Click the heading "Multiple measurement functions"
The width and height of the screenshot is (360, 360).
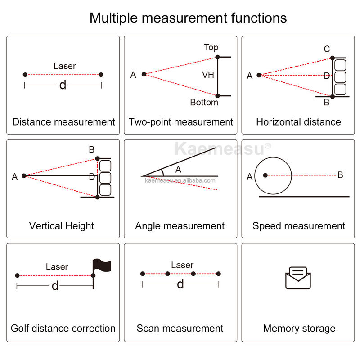coord(188,18)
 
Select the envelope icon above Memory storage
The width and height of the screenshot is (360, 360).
coord(298,278)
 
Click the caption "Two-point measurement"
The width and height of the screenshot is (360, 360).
coord(181,122)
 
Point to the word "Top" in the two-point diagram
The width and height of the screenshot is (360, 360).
coord(211,47)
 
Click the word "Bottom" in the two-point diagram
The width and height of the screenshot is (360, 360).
coord(204,103)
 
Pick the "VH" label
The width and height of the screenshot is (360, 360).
coord(208,75)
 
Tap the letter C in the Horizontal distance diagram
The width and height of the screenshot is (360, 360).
coord(327,49)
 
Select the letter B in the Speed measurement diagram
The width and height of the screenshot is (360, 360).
coord(340,175)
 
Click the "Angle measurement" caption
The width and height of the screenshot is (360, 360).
coord(180,226)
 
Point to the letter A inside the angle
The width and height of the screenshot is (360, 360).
coord(178,170)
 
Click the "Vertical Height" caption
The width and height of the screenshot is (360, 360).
coord(62,226)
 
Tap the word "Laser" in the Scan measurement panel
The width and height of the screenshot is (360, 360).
coord(182,265)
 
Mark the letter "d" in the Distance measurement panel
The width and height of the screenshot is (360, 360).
coord(63,85)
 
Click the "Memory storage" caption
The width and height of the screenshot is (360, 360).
coord(299,328)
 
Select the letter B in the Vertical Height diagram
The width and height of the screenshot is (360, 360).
coord(92,149)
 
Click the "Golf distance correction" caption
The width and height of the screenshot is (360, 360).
coord(63,328)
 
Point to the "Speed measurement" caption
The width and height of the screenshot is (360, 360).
coord(299,226)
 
